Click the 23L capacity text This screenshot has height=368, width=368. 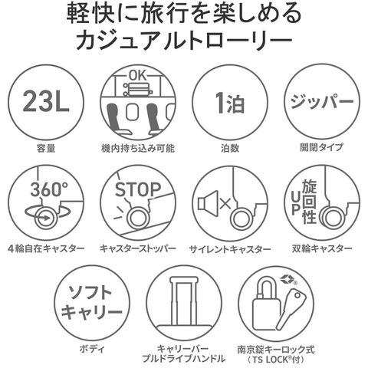(x=46, y=102)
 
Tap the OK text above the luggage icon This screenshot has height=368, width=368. (x=138, y=76)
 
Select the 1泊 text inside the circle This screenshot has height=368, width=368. (x=230, y=103)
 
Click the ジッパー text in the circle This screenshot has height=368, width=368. (x=322, y=102)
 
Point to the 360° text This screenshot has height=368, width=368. (x=49, y=189)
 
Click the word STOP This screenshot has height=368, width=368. (x=138, y=189)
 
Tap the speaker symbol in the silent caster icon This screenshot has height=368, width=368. (x=208, y=203)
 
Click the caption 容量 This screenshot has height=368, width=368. (x=46, y=148)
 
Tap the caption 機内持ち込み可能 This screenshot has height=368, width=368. (x=138, y=148)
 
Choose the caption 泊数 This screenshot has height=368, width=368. (x=230, y=148)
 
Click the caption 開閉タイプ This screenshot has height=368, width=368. (x=322, y=147)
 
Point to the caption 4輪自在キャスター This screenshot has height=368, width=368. (x=46, y=248)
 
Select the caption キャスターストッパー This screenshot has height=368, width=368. (x=138, y=248)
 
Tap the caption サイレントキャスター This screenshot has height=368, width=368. (x=230, y=249)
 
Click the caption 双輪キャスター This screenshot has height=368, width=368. (x=322, y=248)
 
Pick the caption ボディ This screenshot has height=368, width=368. (x=92, y=349)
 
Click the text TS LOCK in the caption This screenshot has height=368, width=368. (x=271, y=360)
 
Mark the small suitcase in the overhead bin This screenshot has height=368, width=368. (x=138, y=90)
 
